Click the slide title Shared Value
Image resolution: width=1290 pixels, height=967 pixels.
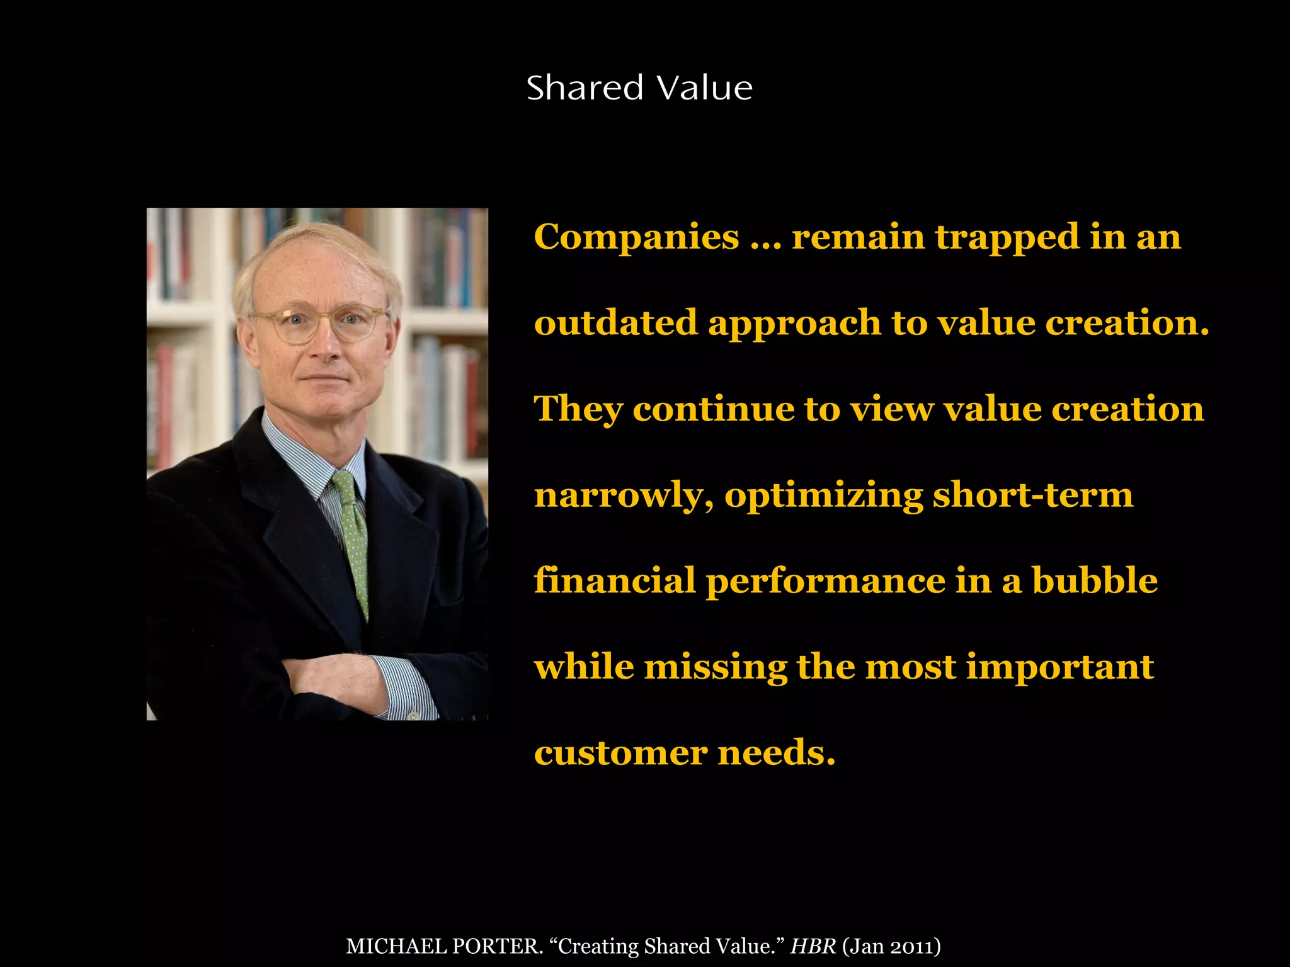(x=639, y=88)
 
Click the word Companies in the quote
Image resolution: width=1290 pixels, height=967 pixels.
(x=636, y=238)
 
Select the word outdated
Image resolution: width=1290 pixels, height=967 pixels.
(x=616, y=323)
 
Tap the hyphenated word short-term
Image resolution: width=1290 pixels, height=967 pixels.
(x=1033, y=495)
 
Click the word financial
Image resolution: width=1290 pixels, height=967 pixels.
(x=615, y=580)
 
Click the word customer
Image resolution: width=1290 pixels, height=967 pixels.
(x=620, y=753)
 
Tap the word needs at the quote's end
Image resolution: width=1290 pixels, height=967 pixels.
(x=776, y=753)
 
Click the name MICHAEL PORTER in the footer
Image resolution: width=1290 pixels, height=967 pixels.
(x=444, y=946)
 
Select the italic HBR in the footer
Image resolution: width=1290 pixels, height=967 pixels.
(x=813, y=946)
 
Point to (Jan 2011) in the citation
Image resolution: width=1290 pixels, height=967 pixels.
(x=891, y=946)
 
